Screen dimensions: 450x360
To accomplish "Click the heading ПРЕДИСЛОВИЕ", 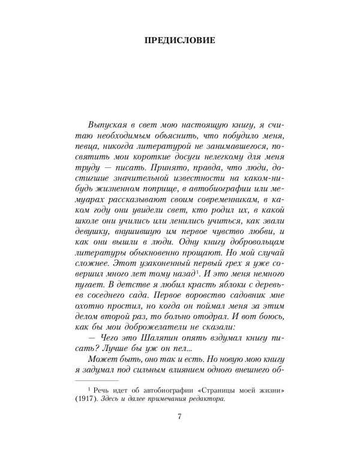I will click(x=180, y=41).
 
